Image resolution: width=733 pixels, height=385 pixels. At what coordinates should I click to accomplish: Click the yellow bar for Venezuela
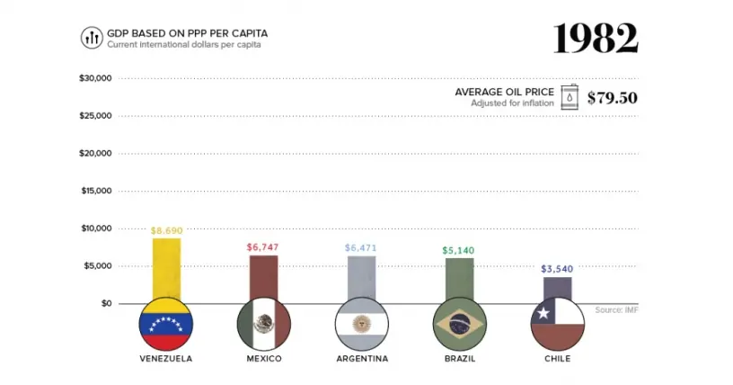point(166,268)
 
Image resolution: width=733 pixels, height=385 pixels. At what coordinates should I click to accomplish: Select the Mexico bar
point(264,277)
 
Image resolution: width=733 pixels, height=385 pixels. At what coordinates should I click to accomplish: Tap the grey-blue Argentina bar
point(361,277)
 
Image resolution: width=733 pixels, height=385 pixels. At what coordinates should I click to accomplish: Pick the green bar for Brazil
point(460,278)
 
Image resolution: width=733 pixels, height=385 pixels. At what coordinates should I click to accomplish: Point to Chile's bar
point(557,288)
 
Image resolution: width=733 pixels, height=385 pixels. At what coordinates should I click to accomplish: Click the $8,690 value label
point(167,230)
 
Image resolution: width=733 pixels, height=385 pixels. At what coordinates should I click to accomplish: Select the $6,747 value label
point(262,246)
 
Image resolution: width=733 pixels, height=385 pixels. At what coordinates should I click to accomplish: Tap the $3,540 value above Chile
point(557,269)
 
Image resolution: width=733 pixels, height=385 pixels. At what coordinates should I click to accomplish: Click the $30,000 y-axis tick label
point(95,78)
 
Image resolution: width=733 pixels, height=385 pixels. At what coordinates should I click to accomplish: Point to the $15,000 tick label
point(97,191)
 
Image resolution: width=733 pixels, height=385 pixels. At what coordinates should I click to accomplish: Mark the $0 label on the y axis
point(107,303)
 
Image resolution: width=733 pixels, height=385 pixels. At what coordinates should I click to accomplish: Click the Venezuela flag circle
point(166,324)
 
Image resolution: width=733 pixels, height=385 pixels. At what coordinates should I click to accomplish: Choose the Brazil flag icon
point(460,324)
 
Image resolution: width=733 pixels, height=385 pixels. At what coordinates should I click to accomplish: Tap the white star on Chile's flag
point(543,313)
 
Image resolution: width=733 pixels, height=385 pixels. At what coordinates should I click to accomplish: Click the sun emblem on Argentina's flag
point(361,324)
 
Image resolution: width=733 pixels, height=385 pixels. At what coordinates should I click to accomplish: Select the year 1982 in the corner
point(596,39)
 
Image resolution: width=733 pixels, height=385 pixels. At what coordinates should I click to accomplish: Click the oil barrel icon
point(570,97)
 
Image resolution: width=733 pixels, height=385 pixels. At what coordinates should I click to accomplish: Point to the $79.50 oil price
point(613,97)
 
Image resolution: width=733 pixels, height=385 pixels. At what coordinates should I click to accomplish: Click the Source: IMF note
point(616,310)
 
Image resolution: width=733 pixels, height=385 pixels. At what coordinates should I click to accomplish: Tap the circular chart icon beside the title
point(92,38)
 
